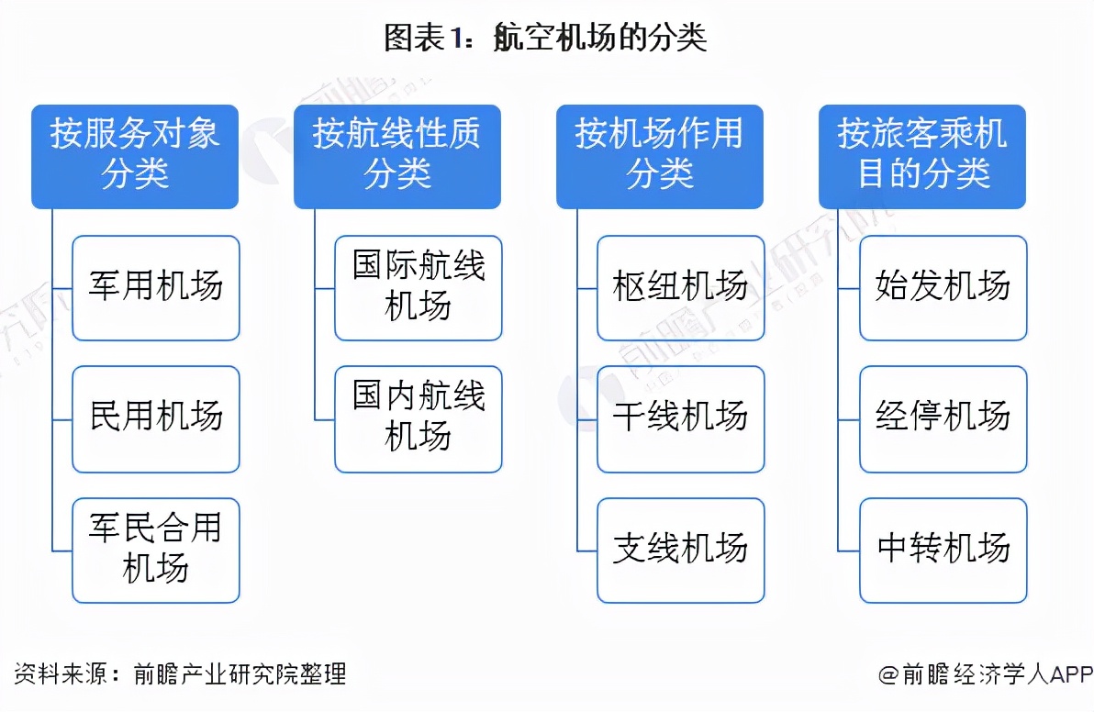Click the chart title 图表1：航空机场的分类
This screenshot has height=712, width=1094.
pos(546,38)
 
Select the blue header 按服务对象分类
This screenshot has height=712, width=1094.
pos(135,155)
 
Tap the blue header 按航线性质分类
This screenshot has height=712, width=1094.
pos(397,155)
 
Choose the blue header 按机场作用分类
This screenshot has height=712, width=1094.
pos(660,155)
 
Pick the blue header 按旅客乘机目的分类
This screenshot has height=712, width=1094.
pos(922,155)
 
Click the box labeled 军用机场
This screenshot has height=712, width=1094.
pos(156,288)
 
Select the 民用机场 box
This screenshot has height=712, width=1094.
pos(156,419)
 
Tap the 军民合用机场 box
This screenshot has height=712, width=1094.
pos(156,550)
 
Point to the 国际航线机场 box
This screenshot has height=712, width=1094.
pos(419,288)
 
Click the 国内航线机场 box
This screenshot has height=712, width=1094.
pos(419,419)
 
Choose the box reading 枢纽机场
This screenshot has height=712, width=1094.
pos(681,288)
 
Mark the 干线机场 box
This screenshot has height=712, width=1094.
pos(681,419)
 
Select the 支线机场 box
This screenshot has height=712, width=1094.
pos(681,550)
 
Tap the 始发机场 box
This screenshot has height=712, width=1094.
pos(943,288)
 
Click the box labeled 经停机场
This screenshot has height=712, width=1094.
pos(943,419)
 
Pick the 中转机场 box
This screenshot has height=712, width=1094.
pos(943,550)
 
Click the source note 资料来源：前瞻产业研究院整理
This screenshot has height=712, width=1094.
pos(180,674)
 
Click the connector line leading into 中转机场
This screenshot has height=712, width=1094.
pos(849,551)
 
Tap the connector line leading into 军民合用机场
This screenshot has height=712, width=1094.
pos(62,551)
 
